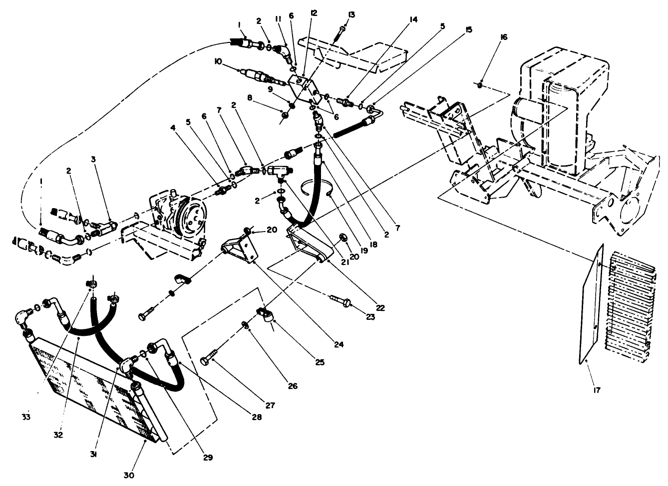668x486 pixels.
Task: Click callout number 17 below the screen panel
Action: [597, 390]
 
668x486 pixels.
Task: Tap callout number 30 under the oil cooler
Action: [129, 475]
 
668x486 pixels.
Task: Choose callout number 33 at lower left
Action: [26, 417]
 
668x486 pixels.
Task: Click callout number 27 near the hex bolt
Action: [270, 406]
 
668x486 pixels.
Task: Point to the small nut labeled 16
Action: [480, 85]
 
